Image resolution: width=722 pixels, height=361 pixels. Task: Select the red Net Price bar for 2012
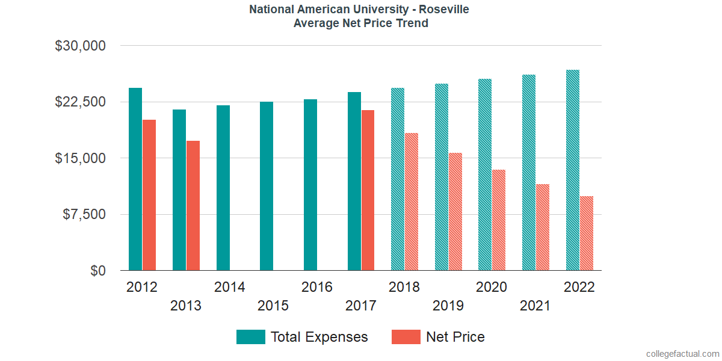[x=149, y=195]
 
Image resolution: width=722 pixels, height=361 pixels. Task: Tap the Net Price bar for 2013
[x=193, y=206]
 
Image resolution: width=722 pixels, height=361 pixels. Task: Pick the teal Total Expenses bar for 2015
[x=267, y=186]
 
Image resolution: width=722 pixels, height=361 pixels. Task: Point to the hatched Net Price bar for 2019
[x=455, y=212]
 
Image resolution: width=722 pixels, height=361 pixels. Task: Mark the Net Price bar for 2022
[x=587, y=233]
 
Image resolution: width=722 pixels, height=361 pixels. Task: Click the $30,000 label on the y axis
[x=80, y=46]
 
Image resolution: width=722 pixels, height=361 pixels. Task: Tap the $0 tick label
[x=98, y=271]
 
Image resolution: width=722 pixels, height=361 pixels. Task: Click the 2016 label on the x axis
[x=317, y=287]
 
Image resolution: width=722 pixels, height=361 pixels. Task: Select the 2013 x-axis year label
[x=186, y=306]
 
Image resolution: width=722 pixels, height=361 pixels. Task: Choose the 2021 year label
[x=535, y=306]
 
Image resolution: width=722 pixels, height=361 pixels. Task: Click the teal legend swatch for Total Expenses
[x=251, y=337]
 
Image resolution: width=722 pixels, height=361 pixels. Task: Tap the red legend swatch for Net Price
[x=406, y=337]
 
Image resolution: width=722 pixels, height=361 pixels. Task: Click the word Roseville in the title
[x=443, y=10]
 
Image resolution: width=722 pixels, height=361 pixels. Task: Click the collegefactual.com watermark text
[x=682, y=353]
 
